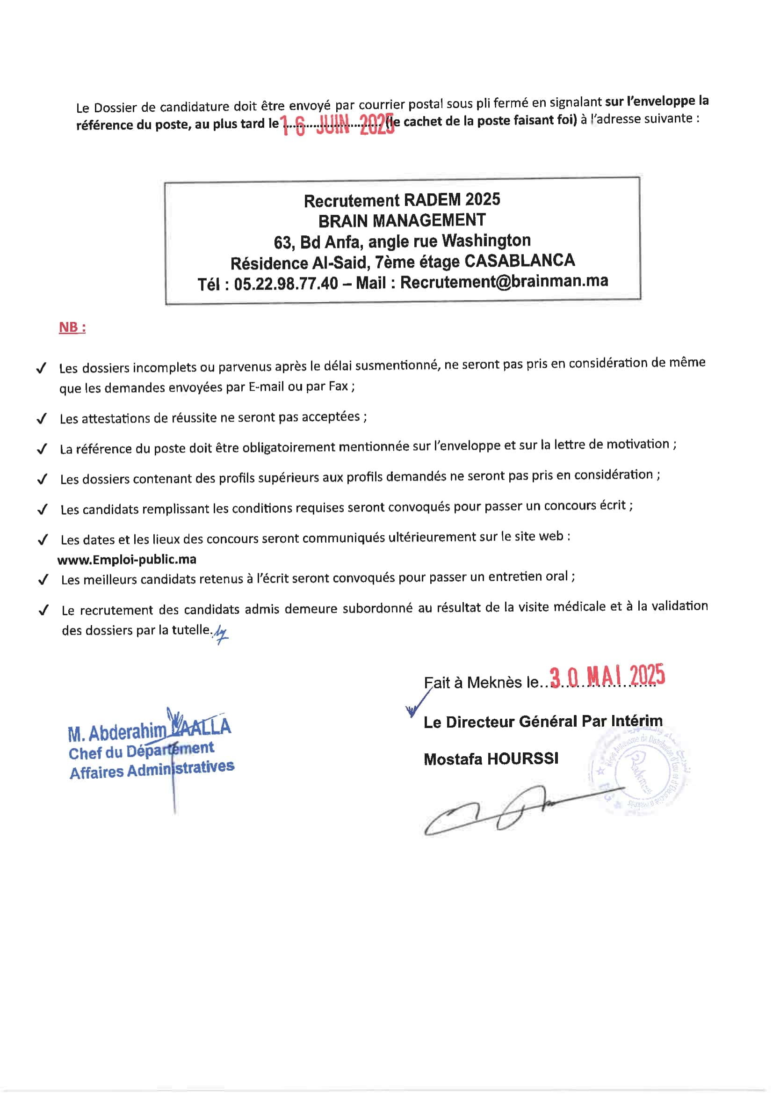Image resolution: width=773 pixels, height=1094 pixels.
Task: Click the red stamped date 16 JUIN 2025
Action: point(337,125)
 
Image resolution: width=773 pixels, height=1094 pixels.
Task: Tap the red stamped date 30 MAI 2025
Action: point(607,676)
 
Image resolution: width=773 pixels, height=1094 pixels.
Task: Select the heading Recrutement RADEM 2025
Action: point(402,200)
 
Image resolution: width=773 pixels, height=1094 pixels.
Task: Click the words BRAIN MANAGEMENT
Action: point(402,220)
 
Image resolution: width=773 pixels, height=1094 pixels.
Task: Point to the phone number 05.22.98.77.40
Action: point(286,284)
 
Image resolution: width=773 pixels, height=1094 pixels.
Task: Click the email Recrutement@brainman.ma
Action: point(504,282)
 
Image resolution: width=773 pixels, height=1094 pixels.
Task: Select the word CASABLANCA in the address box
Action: point(520,261)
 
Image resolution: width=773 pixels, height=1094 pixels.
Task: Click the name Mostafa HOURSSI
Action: point(491,759)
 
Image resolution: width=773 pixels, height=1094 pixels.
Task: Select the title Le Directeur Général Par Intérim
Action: point(543,722)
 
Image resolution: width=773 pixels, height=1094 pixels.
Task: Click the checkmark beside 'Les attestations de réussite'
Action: point(42,419)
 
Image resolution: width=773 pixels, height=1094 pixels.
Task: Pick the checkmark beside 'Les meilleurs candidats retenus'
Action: point(43,579)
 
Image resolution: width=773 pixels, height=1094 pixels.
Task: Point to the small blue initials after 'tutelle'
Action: point(221,634)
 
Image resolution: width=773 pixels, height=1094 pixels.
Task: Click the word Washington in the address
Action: point(486,241)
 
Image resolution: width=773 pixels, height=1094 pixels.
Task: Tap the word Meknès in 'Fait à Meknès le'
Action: point(494,682)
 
